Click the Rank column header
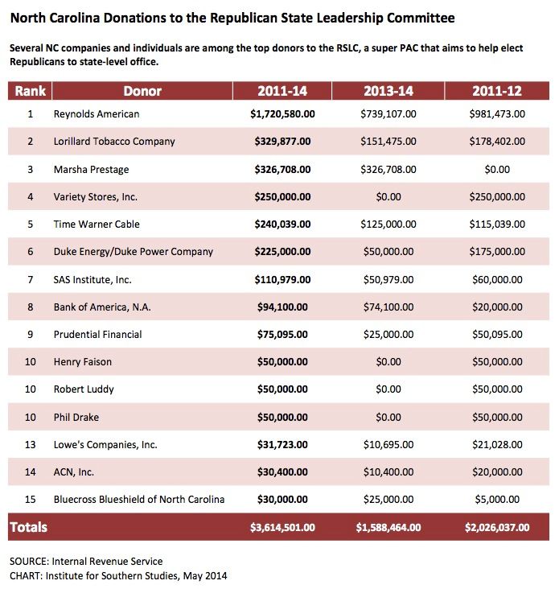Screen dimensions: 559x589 point(30,91)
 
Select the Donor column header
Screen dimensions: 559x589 point(142,91)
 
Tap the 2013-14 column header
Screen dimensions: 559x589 point(388,91)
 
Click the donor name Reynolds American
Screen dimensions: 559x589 point(97,113)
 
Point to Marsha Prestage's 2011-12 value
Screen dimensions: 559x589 point(497,170)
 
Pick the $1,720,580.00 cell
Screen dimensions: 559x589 point(282,113)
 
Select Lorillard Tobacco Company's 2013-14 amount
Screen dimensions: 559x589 point(388,142)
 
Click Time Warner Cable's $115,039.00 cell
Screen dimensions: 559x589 point(497,224)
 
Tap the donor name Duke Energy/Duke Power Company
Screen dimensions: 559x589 point(134,252)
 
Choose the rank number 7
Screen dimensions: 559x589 point(30,279)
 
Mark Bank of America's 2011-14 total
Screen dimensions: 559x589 point(282,307)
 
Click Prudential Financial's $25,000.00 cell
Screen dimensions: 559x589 point(388,334)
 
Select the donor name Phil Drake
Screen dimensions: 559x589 point(76,417)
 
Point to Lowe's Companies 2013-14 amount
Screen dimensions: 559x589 point(388,444)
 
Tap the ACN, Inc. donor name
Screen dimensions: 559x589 point(74,472)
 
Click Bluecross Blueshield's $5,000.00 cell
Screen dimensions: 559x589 point(497,499)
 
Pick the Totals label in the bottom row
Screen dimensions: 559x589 point(28,527)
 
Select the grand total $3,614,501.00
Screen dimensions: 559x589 point(282,527)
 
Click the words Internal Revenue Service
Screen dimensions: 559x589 point(107,561)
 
